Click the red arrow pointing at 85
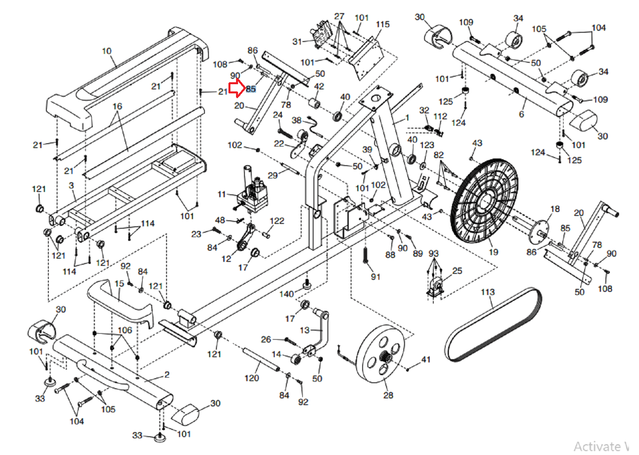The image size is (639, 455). (x=237, y=88)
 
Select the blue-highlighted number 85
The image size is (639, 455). (x=251, y=89)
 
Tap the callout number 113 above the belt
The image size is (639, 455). (x=488, y=292)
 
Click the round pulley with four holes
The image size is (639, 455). (x=380, y=354)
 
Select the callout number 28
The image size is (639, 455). (x=388, y=395)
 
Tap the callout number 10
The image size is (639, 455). (x=107, y=51)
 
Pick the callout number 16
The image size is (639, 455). (x=117, y=106)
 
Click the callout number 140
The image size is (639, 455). (x=286, y=294)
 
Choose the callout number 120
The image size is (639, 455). (x=252, y=378)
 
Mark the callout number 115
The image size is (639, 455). (x=383, y=24)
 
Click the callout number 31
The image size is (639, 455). (x=297, y=42)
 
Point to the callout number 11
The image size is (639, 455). (x=222, y=194)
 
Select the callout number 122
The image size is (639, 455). (x=277, y=221)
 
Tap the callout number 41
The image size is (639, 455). (x=426, y=360)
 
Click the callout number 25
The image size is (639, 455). (x=457, y=271)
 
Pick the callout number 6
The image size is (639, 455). (x=522, y=114)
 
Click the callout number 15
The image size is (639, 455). (x=119, y=283)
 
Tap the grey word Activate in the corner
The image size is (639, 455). (x=597, y=446)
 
